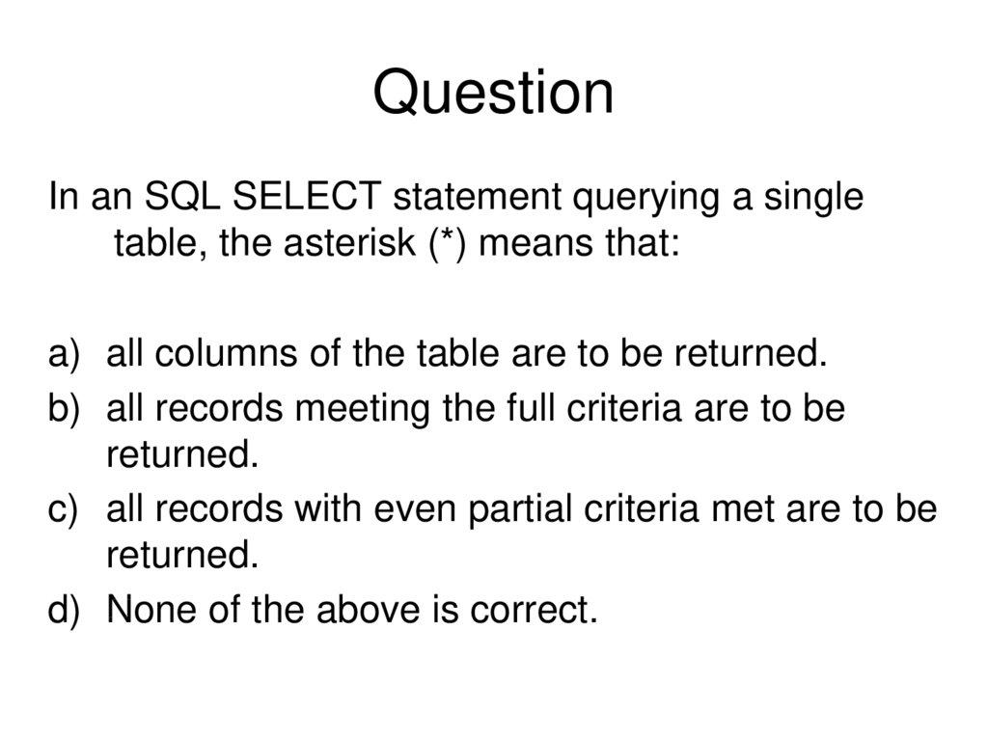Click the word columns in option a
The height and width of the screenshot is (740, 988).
click(x=225, y=354)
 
